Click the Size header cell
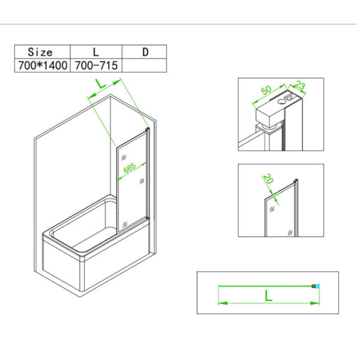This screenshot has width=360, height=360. coord(41,52)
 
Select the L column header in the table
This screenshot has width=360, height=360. coord(96,52)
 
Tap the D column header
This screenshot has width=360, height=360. coord(145,52)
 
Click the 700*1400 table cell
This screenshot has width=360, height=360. coord(41,65)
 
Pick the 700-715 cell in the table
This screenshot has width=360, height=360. coord(96,65)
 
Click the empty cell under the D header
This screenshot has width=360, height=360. coord(145,65)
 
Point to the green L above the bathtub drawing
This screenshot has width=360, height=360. coord(101,84)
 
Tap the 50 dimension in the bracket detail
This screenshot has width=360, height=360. coord(266,92)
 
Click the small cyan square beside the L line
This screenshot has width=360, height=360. coord(317,286)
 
